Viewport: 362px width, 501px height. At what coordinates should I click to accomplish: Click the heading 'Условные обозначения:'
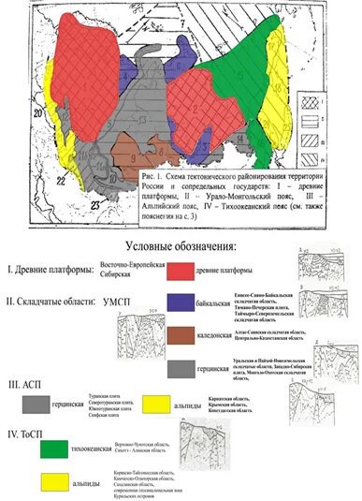click(x=180, y=246)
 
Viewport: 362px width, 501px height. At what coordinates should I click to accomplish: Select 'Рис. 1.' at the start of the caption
click(x=150, y=176)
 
